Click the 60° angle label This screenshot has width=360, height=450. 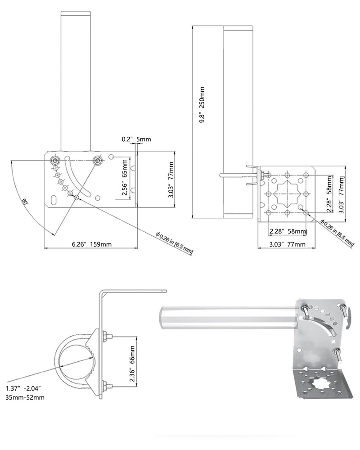point(24,201)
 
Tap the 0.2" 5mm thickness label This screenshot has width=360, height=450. point(136,139)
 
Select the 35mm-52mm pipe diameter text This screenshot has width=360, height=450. point(25,398)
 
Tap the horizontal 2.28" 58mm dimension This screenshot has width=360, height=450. point(288,231)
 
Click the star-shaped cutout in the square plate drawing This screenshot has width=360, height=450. point(287,193)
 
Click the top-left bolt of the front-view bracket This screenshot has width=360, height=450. point(55,161)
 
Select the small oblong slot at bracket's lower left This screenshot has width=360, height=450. point(54,200)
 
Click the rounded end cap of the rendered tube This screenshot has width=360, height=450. point(163,318)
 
